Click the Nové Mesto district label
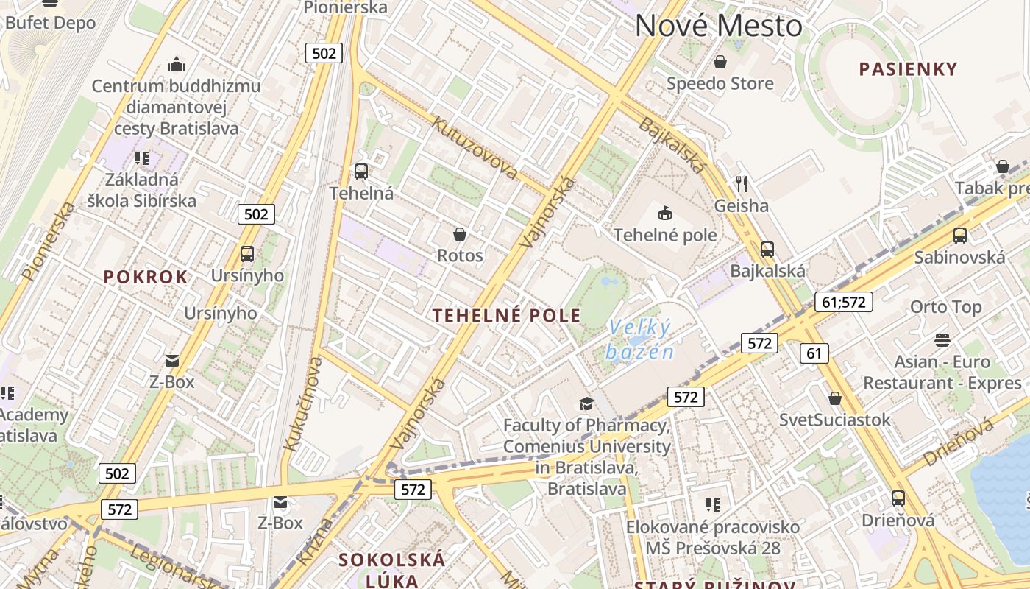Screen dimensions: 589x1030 pos(718,26)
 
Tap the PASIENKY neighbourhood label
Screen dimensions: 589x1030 pos(909,70)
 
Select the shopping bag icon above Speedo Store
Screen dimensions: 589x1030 pos(720,62)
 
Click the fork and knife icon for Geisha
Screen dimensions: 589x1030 pos(742,183)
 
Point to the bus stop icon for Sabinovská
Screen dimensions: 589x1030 pos(959,236)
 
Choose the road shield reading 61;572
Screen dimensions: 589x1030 pos(843,301)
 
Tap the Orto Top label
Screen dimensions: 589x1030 pos(945,307)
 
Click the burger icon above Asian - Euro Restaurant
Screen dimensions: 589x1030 pos(942,340)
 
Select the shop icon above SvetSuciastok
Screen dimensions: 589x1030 pos(834,398)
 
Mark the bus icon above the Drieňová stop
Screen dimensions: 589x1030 pos(898,498)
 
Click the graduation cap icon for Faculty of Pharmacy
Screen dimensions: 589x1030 pos(586,403)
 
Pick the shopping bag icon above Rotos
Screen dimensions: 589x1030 pos(460,234)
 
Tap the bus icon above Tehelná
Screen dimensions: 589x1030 pos(360,172)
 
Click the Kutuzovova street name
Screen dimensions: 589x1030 pos(475,148)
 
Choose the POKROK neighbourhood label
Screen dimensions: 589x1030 pos(146,278)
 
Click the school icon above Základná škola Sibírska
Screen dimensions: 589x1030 pos(142,158)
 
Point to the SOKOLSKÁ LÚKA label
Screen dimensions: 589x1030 pos(391,570)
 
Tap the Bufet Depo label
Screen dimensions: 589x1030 pos(50,23)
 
